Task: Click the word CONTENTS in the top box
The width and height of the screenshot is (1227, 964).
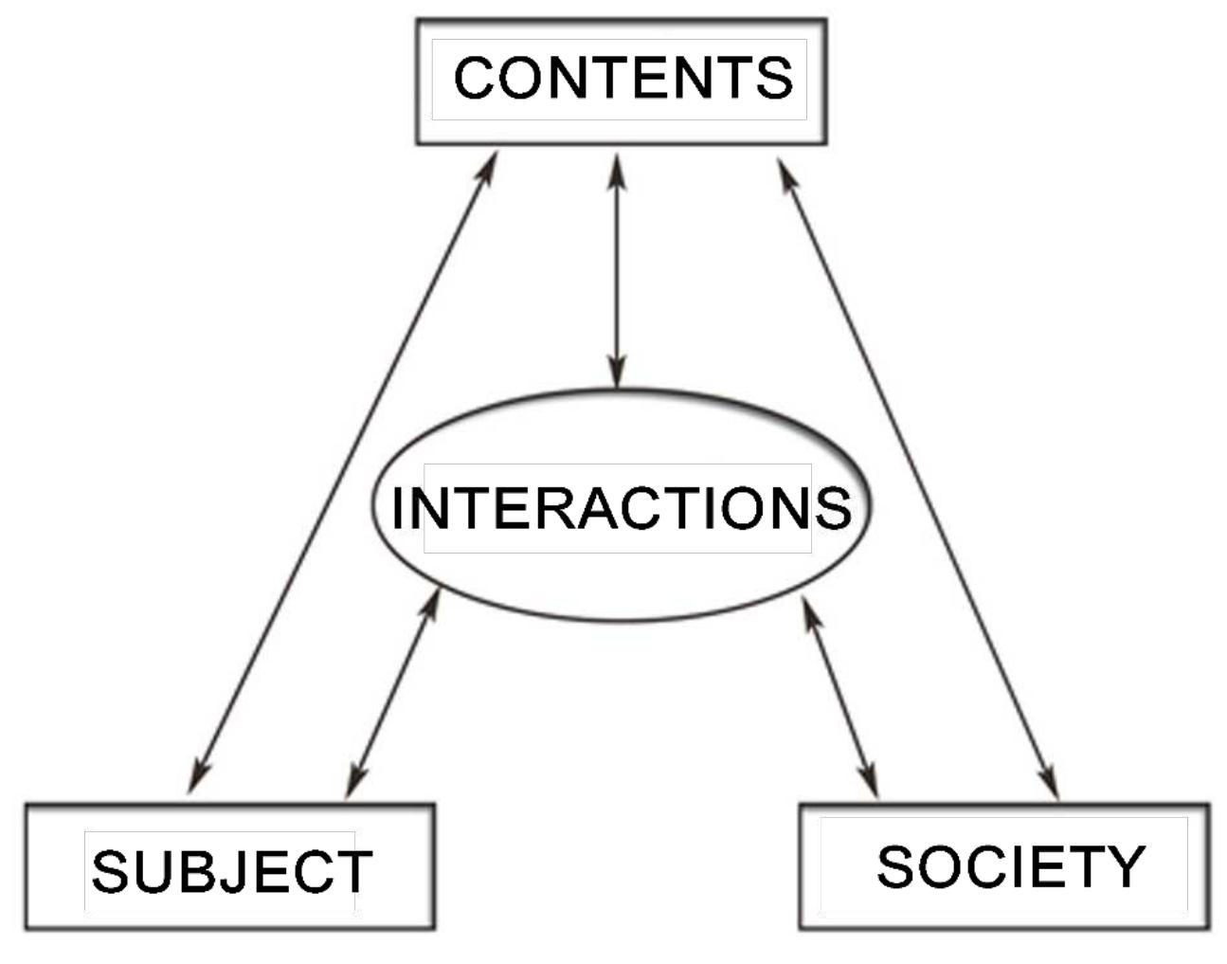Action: (623, 78)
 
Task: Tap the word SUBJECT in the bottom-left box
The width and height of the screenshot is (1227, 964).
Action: (231, 871)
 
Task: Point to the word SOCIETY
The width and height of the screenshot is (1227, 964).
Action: (1010, 866)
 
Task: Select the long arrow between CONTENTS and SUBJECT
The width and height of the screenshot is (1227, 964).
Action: (343, 474)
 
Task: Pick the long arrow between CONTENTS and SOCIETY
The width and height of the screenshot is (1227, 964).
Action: (917, 474)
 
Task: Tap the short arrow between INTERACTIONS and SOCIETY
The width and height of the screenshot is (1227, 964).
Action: (840, 698)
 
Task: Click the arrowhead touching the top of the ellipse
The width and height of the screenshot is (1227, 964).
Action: (617, 374)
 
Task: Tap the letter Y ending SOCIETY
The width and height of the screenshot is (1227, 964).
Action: (1127, 866)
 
